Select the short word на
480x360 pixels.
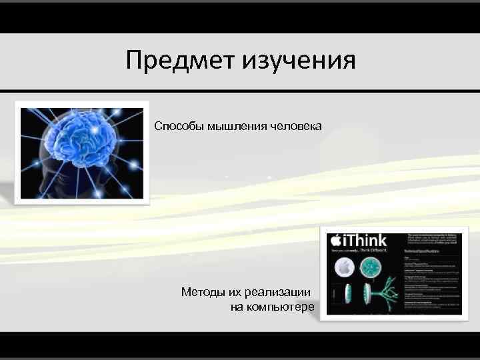pyautogui.click(x=237, y=307)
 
